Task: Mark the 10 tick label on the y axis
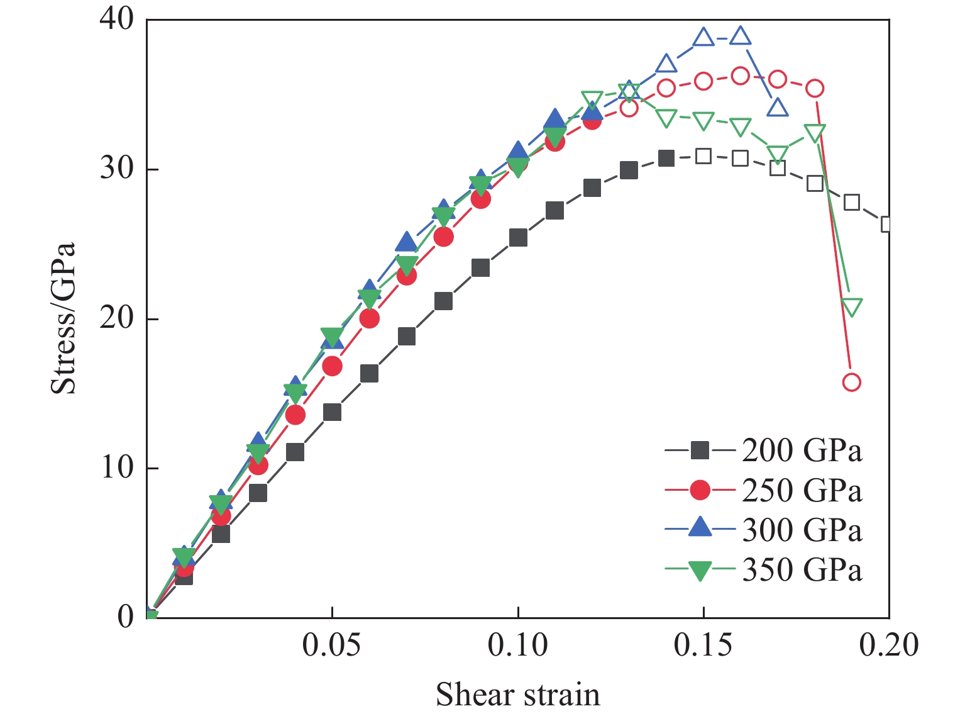tap(117, 467)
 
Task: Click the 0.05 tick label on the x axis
tap(331, 645)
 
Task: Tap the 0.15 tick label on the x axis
tap(703, 645)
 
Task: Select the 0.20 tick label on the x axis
tap(888, 645)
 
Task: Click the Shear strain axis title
tap(518, 695)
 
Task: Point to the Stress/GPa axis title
tap(63, 318)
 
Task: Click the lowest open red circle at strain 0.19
tap(851, 382)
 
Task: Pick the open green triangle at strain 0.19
tap(851, 307)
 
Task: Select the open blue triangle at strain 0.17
tap(778, 108)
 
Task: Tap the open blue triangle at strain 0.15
tap(703, 38)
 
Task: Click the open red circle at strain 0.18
tap(815, 88)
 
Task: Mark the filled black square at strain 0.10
tap(518, 238)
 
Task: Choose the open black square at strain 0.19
tap(851, 202)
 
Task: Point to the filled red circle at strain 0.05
tap(332, 366)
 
